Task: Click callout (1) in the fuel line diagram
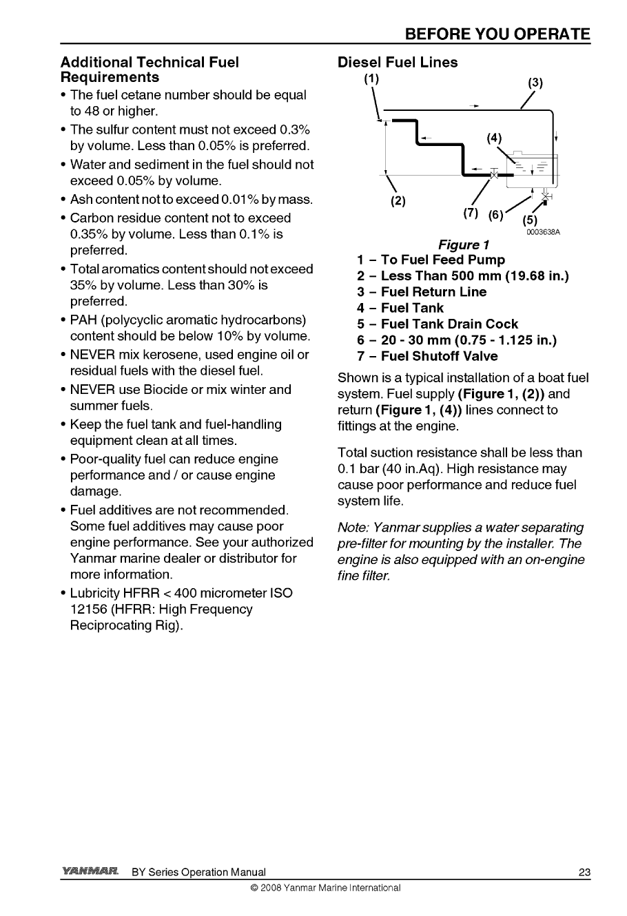[371, 79]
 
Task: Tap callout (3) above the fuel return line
[535, 83]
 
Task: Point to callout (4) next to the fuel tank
[494, 137]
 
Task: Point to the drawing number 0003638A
[544, 232]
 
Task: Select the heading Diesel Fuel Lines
[398, 62]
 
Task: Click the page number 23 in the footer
[584, 873]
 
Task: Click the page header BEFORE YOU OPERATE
[497, 34]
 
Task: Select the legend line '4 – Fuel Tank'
[400, 308]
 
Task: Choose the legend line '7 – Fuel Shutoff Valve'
[427, 356]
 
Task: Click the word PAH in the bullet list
[84, 320]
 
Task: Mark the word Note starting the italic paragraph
[353, 528]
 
